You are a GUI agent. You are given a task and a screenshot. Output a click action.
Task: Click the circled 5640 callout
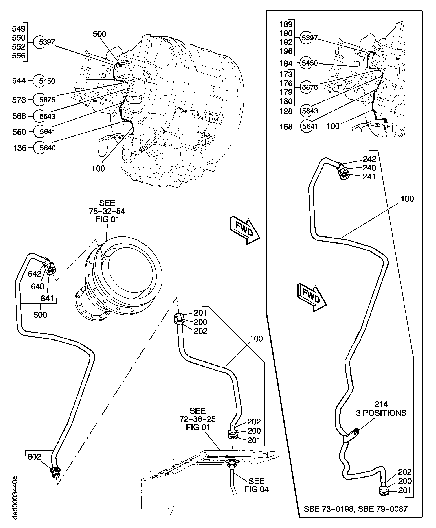[47, 148]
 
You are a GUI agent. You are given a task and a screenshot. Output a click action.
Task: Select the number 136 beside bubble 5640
[20, 148]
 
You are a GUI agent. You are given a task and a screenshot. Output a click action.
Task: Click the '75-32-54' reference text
[107, 211]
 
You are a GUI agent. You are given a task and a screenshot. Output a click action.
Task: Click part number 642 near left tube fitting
[34, 274]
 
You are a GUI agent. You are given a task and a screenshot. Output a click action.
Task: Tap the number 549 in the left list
[19, 29]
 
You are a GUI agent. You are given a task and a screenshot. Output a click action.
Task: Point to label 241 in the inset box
[369, 177]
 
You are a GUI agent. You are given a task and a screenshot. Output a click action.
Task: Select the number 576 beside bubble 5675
[19, 100]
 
